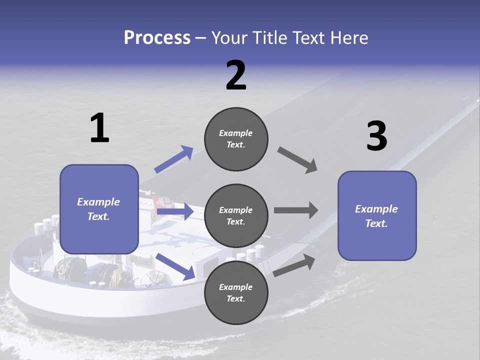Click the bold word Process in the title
[157, 38]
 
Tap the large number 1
[99, 128]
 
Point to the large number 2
[236, 75]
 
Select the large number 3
[376, 136]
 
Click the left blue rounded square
[99, 209]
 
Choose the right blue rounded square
[377, 215]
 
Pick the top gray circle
[236, 139]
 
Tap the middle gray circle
[236, 215]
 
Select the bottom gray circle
[236, 292]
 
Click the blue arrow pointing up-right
[174, 159]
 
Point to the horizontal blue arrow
[175, 212]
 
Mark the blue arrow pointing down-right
[175, 266]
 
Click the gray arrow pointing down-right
[297, 160]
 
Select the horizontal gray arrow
[296, 210]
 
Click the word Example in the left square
[98, 202]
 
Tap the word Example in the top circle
[236, 133]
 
